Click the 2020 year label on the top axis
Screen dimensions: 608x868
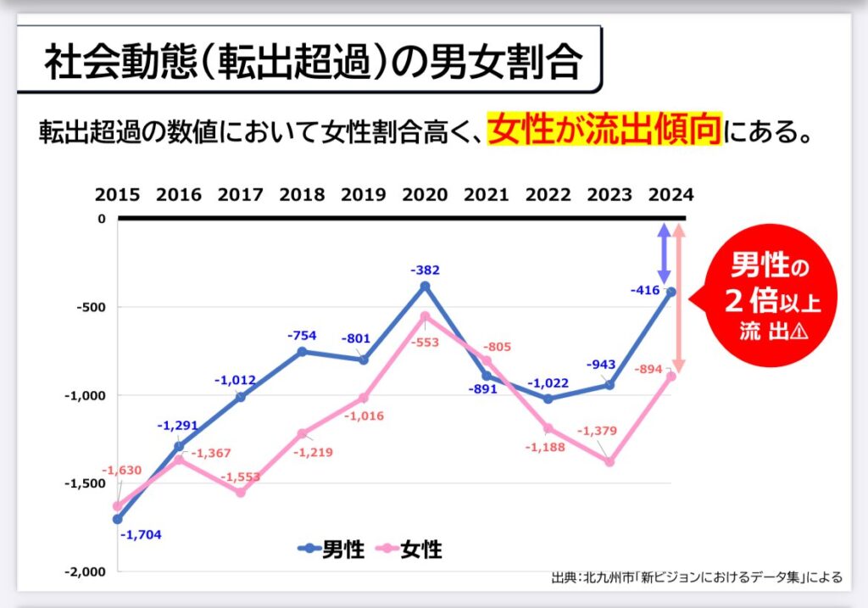pos(425,195)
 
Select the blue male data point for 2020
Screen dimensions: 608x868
pos(425,286)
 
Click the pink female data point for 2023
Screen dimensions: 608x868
pos(609,461)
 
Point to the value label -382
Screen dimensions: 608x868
pos(425,270)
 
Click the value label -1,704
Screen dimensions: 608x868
pos(140,535)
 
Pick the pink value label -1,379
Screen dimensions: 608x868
pos(597,432)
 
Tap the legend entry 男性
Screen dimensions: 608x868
pos(332,549)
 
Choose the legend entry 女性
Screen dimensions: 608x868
pos(409,549)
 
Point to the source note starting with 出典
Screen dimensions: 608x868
pos(696,577)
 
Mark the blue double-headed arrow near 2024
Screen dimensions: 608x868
pos(665,254)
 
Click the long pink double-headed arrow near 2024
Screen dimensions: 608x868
pos(680,298)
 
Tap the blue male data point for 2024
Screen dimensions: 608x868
pos(670,292)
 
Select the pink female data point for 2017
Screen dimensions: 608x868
pos(241,492)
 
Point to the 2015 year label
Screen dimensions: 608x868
pos(117,195)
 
